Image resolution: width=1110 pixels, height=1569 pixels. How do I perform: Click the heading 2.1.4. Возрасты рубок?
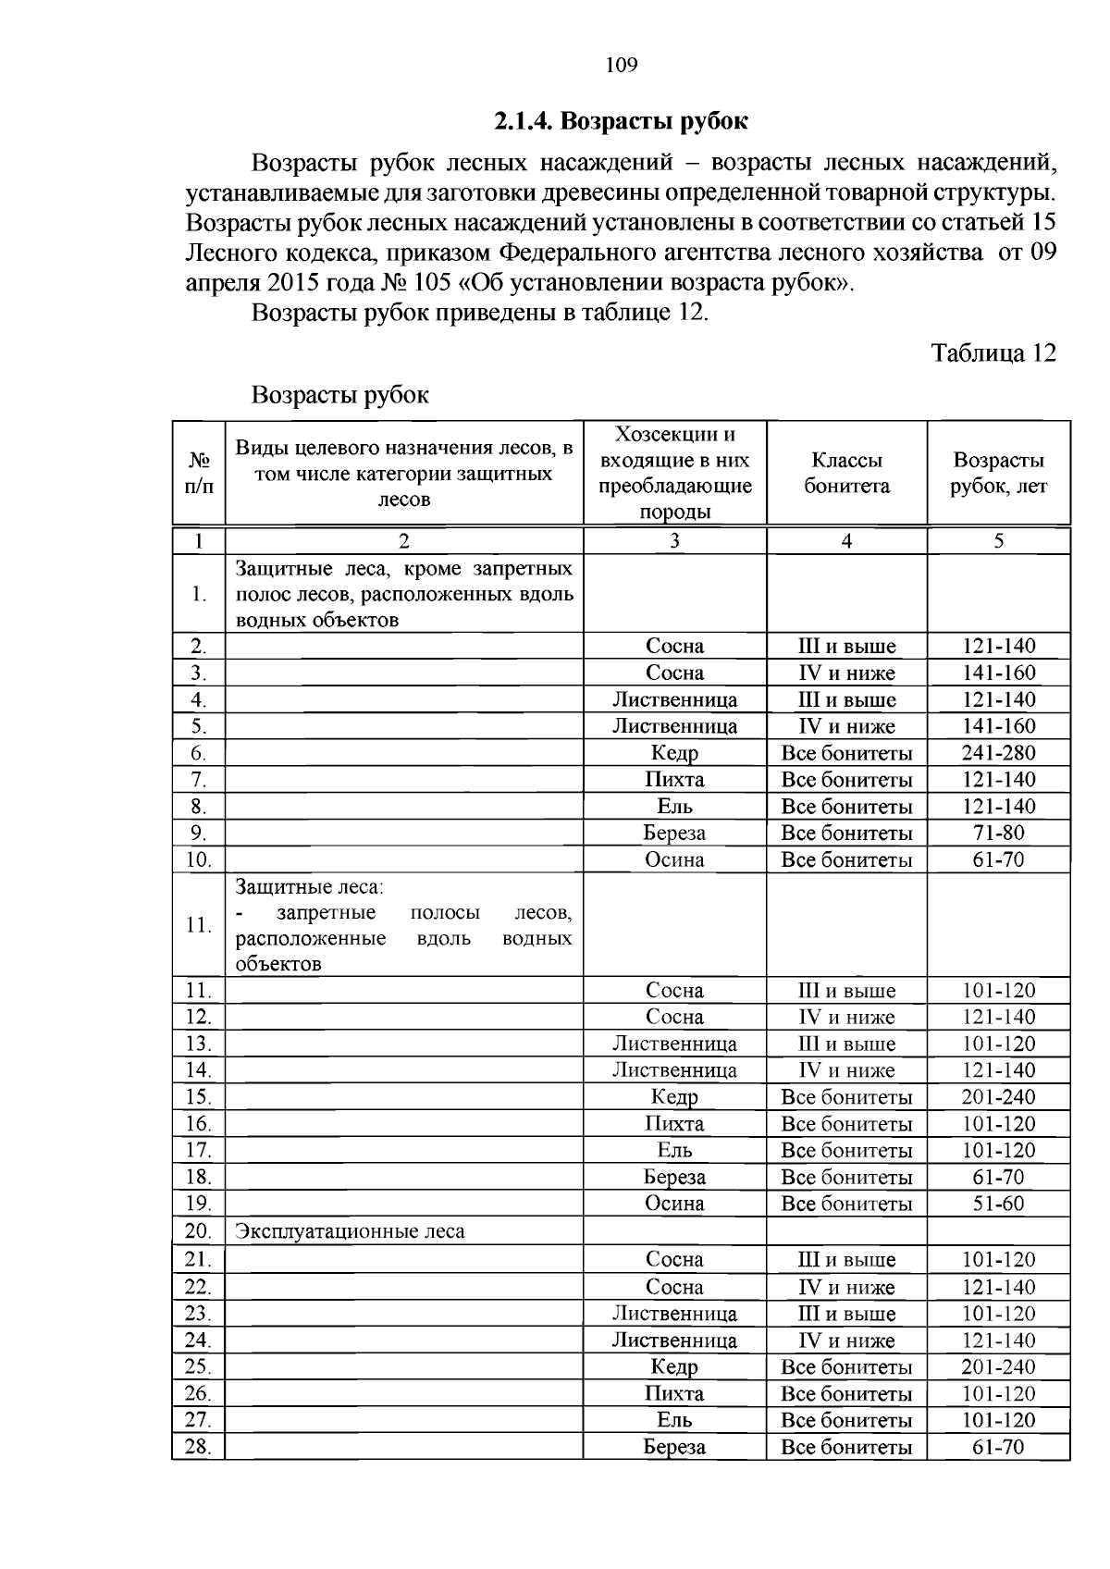pyautogui.click(x=620, y=122)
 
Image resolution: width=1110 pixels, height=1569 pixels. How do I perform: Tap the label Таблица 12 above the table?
pyautogui.click(x=993, y=353)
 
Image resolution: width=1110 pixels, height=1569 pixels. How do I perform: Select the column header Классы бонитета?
pyautogui.click(x=846, y=473)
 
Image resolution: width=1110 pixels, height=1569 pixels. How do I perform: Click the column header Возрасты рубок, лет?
pyautogui.click(x=999, y=473)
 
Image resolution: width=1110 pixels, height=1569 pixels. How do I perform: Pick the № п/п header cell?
pyautogui.click(x=199, y=473)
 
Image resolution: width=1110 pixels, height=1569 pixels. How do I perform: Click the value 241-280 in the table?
pyautogui.click(x=999, y=753)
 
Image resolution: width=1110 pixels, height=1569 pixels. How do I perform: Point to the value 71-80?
pyautogui.click(x=999, y=833)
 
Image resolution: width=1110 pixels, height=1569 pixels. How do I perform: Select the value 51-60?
pyautogui.click(x=999, y=1204)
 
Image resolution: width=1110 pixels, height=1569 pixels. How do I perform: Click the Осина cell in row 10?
pyautogui.click(x=674, y=859)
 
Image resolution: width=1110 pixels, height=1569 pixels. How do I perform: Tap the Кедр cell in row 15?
pyautogui.click(x=674, y=1097)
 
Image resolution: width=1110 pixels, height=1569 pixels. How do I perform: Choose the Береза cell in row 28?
pyautogui.click(x=674, y=1447)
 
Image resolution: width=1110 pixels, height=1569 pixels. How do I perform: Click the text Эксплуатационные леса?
pyautogui.click(x=350, y=1231)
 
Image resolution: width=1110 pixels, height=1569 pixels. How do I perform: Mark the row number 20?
pyautogui.click(x=198, y=1231)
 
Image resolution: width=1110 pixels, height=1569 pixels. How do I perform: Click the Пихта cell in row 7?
pyautogui.click(x=674, y=780)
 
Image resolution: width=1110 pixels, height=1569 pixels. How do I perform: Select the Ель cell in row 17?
pyautogui.click(x=674, y=1151)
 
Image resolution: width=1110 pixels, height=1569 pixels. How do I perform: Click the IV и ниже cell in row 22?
pyautogui.click(x=846, y=1287)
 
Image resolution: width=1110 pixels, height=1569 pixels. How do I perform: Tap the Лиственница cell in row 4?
pyautogui.click(x=674, y=699)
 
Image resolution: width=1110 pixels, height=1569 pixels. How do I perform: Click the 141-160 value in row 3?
pyautogui.click(x=999, y=673)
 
